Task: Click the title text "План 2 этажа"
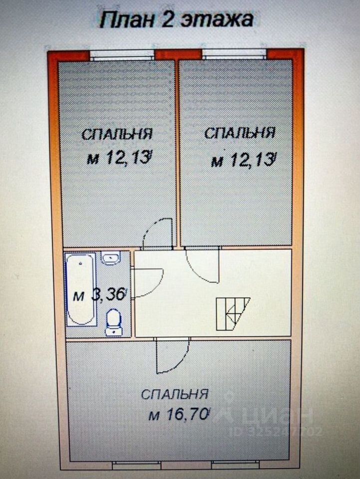pos(177,20)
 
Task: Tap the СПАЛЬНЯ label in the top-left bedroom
pos(117,134)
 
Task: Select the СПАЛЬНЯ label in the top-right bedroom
pos(240,133)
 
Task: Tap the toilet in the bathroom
pos(113,320)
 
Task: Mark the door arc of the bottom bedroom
pos(172,355)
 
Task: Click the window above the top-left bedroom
pos(122,54)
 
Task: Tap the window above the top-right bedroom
pos(234,54)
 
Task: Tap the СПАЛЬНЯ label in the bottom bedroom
pos(174,394)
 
